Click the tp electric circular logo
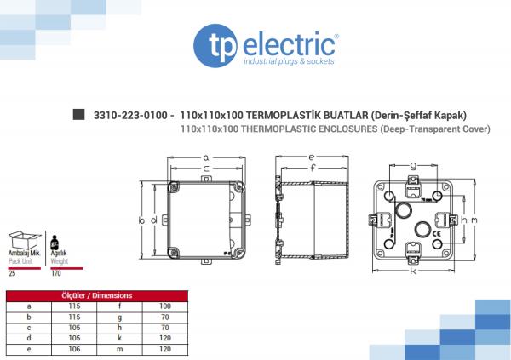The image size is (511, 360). point(215,46)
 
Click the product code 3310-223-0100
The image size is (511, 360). point(130,116)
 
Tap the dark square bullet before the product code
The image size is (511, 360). point(79,114)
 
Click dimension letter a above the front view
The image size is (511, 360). point(206,158)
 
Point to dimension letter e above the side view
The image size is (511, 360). point(312,157)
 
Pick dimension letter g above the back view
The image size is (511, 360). point(413,166)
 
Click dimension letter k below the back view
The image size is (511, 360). point(413,271)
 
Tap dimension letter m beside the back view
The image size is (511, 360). point(474,220)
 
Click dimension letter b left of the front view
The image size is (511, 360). point(141,220)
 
